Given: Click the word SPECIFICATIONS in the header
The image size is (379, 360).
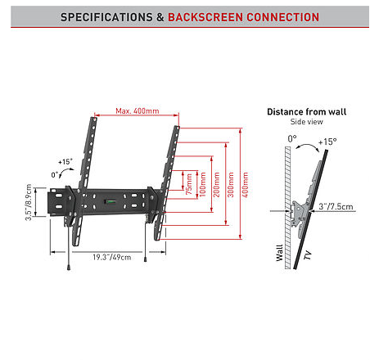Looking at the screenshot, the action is point(106,17).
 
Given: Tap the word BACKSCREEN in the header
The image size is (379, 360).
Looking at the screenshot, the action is point(205,17).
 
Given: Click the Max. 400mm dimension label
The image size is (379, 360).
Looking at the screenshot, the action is point(138,111).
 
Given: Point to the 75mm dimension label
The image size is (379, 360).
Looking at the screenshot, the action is point(189,184).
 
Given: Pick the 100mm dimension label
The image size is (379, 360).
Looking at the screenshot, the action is point(203,184).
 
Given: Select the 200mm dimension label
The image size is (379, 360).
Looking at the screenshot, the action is point(216,184).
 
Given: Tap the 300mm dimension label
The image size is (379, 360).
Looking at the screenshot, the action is point(231,184).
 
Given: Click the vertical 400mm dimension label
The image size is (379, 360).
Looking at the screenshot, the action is point(245,184).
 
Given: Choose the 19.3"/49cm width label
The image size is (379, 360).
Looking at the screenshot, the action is point(112,257).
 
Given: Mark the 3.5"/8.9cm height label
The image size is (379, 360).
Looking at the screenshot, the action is point(29,202).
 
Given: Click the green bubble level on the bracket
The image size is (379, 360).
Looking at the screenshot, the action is point(110,202).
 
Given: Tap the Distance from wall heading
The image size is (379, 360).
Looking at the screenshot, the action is point(307,112).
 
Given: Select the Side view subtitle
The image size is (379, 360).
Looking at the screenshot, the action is point(307,122).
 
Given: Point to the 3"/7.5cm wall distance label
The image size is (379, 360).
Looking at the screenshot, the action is point(336,206).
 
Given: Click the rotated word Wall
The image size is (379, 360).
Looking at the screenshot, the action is point(279,253).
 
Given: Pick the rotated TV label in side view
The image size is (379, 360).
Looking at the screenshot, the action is point(308,255).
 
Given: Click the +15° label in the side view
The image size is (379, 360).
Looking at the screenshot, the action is point(327,142).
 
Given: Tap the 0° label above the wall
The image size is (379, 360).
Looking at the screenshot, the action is point(292,138).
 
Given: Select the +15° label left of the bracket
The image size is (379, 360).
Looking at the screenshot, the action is point(65,162).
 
